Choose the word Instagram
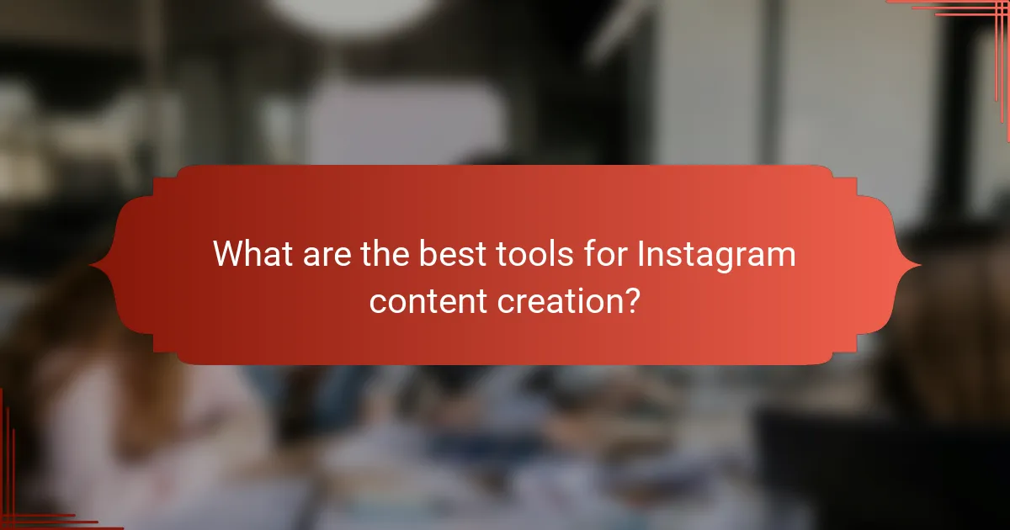[716, 254]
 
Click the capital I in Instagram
[641, 254]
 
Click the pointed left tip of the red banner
[92, 266]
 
